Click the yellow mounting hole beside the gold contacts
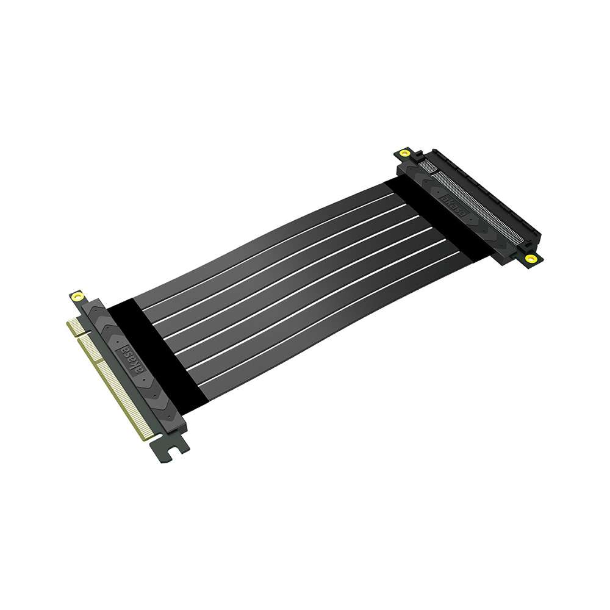click(x=77, y=297)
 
